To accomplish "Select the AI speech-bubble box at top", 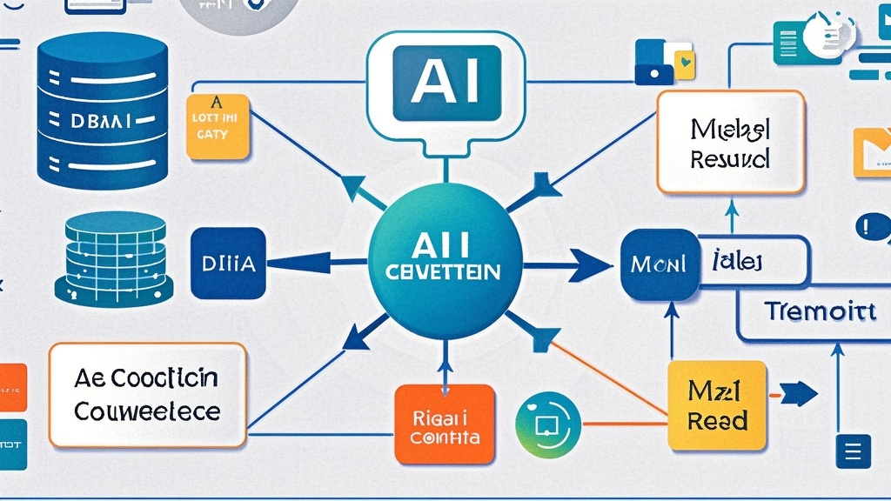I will click(447, 82).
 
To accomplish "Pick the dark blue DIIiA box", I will click(227, 264).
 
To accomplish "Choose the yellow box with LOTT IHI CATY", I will click(218, 126).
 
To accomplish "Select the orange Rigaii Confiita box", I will click(444, 424).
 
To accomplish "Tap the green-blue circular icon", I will click(547, 424).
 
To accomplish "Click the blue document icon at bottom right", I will click(853, 451).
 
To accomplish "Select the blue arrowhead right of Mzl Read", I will click(800, 394).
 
